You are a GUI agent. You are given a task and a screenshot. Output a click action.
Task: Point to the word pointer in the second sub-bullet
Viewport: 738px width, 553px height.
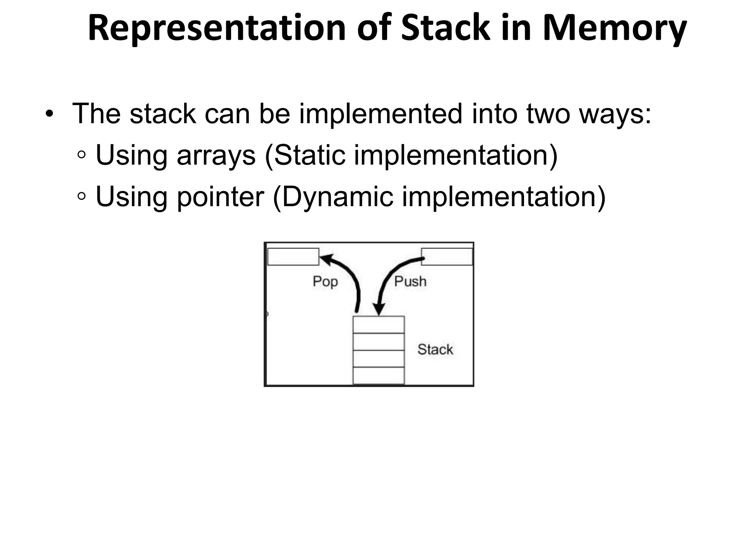tap(221, 197)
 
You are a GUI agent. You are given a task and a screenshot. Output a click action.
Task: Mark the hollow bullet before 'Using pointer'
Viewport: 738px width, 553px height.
tap(82, 197)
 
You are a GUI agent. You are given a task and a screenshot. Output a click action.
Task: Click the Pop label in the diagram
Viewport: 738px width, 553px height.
tap(325, 282)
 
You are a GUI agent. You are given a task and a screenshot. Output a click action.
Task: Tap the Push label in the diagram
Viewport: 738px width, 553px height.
tap(410, 282)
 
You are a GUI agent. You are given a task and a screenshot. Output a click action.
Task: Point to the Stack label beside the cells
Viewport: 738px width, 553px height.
tap(435, 350)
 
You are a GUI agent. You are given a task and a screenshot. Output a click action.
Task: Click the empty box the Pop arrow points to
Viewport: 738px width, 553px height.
tap(293, 257)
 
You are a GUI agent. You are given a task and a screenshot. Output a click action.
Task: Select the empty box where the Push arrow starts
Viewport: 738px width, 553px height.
tap(447, 257)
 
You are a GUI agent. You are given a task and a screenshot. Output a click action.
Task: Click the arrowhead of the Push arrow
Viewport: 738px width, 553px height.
tap(379, 309)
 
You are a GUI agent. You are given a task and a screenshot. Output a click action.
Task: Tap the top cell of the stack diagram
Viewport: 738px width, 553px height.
tap(379, 325)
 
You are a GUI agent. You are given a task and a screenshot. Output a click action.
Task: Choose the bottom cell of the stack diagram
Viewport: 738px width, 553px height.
tap(379, 376)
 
